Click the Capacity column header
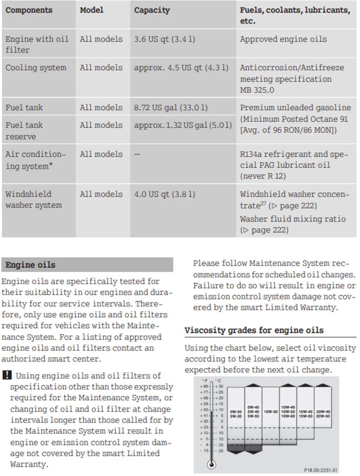pyautogui.click(x=152, y=10)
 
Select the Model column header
pyautogui.click(x=92, y=10)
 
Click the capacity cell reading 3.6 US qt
pyautogui.click(x=164, y=39)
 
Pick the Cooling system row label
pyautogui.click(x=36, y=67)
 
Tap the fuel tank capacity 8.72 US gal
pyautogui.click(x=170, y=107)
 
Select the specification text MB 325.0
pyautogui.click(x=257, y=90)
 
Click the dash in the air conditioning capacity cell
pyautogui.click(x=137, y=154)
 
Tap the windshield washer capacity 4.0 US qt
pyautogui.click(x=164, y=194)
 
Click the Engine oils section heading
pyautogui.click(x=30, y=265)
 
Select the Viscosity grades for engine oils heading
pyautogui.click(x=254, y=331)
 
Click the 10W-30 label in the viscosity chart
pyautogui.click(x=271, y=411)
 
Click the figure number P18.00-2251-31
pyautogui.click(x=320, y=470)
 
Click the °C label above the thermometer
pyautogui.click(x=218, y=381)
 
